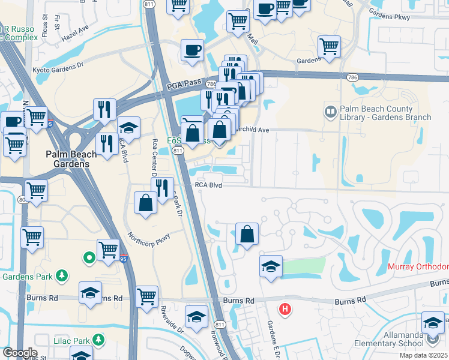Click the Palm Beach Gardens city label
pos(71,159)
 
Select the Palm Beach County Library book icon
pos(330,112)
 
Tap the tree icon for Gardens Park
pos(61,275)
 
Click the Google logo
pos(19,353)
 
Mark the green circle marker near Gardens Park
pos(89,258)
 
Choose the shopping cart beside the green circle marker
pos(108,249)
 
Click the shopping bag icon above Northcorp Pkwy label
pos(146,202)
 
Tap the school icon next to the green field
pos(271,266)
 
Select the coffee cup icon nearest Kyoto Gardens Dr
pos(192,50)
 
